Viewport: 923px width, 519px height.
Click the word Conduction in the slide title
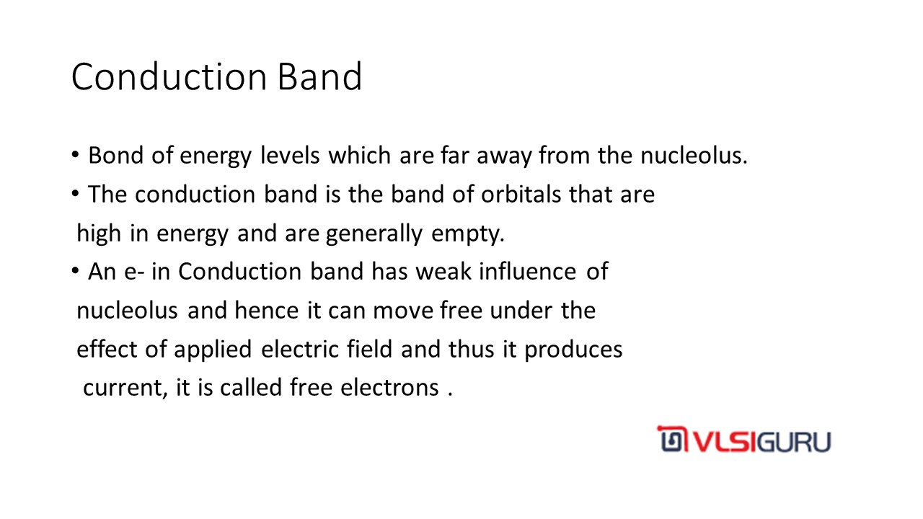[169, 76]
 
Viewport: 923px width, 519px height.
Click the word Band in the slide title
[319, 76]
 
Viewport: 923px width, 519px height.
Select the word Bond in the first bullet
[116, 156]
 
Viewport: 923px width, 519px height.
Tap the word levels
[290, 156]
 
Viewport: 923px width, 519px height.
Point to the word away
[504, 157]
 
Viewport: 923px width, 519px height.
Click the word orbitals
[521, 195]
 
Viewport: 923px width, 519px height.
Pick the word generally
[374, 234]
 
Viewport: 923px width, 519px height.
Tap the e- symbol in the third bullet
[134, 272]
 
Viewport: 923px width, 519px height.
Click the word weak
[443, 272]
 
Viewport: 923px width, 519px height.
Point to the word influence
[527, 272]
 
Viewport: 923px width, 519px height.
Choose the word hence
[267, 311]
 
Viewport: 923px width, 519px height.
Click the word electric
[299, 350]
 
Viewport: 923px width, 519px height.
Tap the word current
[125, 389]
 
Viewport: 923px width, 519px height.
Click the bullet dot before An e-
[75, 271]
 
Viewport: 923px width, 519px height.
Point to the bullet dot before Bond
[75, 155]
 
